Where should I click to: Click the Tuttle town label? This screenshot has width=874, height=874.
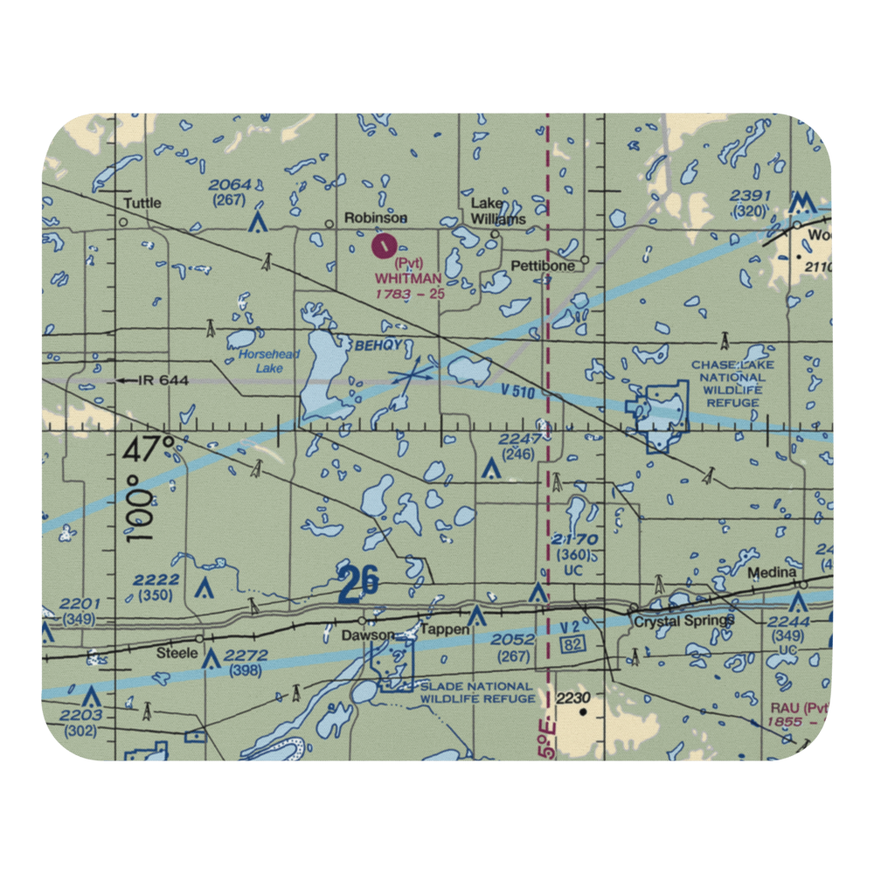click(x=142, y=204)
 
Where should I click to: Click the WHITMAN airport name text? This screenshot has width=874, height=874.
click(x=408, y=278)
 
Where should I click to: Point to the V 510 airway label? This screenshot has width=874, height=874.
click(x=518, y=392)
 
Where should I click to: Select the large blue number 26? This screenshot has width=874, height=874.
click(x=359, y=583)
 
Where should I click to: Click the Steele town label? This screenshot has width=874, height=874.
click(x=171, y=653)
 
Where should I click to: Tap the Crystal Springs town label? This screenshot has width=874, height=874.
click(x=684, y=621)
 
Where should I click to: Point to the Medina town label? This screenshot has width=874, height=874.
click(x=772, y=573)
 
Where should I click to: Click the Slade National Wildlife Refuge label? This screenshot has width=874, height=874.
click(x=477, y=692)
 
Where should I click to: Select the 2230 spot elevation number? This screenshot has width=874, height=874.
click(x=574, y=697)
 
